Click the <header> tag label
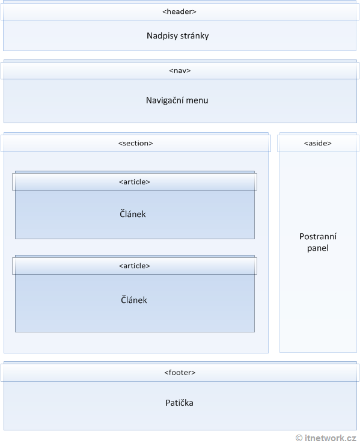click(179, 11)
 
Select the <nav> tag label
click(180, 70)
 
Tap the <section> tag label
click(135, 143)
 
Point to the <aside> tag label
click(317, 143)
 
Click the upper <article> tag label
click(135, 182)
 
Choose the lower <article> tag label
click(135, 266)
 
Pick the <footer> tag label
click(180, 373)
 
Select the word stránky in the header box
click(194, 36)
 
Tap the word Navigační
click(165, 100)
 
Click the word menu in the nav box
click(197, 100)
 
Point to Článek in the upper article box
click(133, 214)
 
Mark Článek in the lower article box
click(133, 300)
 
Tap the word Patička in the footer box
click(179, 403)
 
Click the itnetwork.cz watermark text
click(331, 438)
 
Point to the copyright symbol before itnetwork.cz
click(299, 438)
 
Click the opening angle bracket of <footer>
click(166, 373)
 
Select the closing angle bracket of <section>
click(151, 143)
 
